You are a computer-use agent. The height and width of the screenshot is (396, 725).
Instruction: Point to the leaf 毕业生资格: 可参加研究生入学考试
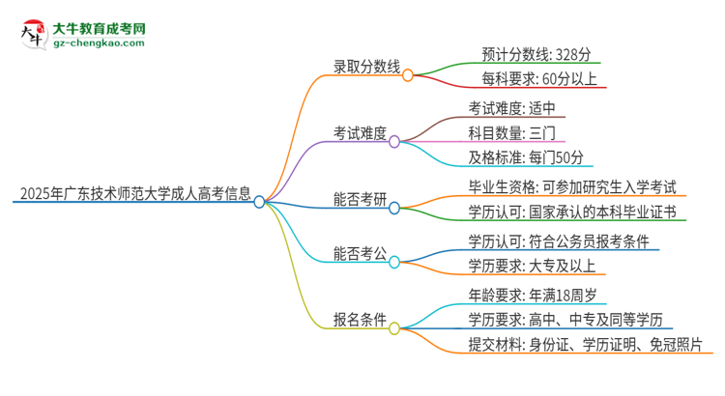pyautogui.click(x=571, y=187)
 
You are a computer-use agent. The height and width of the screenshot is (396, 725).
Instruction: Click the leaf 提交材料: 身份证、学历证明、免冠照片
pyautogui.click(x=583, y=344)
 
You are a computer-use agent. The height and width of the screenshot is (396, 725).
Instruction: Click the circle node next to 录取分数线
pyautogui.click(x=408, y=75)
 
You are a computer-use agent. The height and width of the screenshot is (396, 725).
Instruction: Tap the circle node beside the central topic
pyautogui.click(x=259, y=202)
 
